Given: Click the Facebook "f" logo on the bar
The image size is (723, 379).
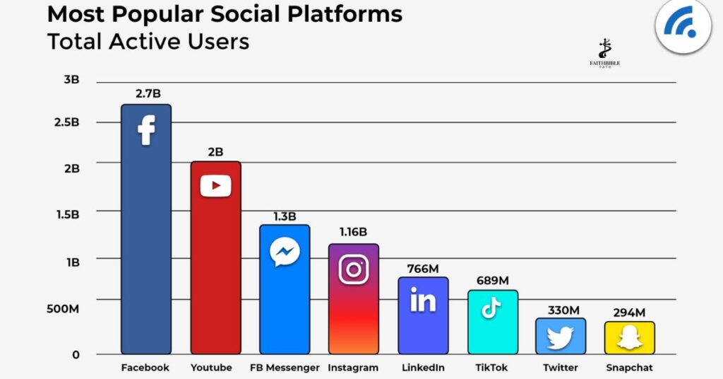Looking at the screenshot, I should coord(146,130).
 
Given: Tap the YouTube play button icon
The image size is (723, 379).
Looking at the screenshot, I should coord(215,186).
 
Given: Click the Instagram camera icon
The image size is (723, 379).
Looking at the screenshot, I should coord(354,269).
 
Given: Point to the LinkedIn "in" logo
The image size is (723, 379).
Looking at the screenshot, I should coord(423,301).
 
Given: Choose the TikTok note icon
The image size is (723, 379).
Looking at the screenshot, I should coord(491,308).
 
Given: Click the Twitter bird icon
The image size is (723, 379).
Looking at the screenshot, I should coord(560,338).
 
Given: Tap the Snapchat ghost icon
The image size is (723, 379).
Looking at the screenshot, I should coord(629,339).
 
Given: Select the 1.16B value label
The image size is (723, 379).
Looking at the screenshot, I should coord(353,232).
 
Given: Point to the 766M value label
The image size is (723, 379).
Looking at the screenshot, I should coord(423,268).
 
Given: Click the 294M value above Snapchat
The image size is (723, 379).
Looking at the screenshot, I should coord(629,312).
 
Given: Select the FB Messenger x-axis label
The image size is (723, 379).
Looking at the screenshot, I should coord(285,368).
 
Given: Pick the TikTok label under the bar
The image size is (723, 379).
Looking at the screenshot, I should coord(491,368).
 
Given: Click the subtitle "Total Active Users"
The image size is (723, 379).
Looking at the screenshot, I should coord(148,41).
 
